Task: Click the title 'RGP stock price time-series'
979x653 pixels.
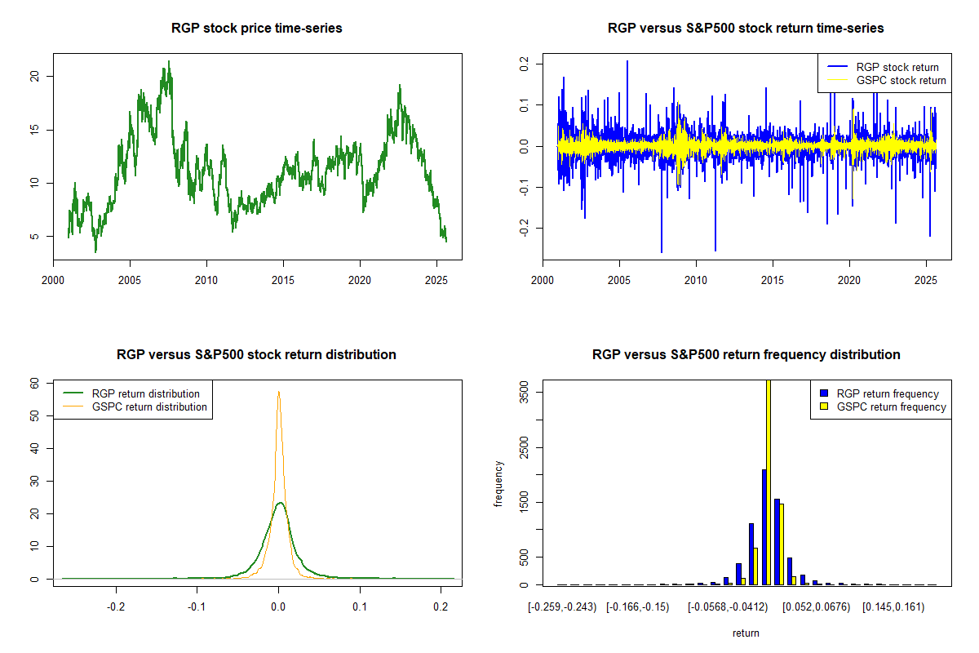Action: (x=257, y=29)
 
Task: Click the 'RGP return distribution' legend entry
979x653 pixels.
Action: (x=146, y=393)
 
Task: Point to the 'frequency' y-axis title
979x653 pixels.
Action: (x=498, y=484)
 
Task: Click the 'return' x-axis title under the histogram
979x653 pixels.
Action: (x=746, y=633)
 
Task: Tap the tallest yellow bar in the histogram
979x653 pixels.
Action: (x=769, y=482)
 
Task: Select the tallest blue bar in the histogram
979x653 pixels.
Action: (x=764, y=526)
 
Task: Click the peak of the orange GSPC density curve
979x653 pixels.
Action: (x=279, y=392)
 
